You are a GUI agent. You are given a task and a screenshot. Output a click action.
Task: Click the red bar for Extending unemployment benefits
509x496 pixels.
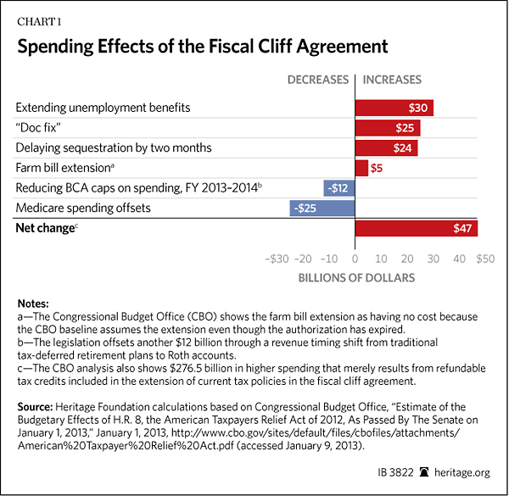pos(394,108)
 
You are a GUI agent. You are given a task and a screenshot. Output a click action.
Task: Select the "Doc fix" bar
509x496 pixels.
pos(387,128)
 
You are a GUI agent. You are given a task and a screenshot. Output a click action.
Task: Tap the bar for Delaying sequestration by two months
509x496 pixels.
pos(386,148)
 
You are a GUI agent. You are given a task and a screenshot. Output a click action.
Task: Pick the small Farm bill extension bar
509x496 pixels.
pos(361,168)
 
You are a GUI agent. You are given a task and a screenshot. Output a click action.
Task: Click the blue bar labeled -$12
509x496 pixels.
pos(338,188)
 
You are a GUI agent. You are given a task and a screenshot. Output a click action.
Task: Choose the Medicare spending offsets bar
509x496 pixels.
pos(322,208)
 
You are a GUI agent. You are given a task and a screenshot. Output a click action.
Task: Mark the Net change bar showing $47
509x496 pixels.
pos(416,229)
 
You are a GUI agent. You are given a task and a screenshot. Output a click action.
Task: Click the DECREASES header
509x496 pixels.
pos(318,81)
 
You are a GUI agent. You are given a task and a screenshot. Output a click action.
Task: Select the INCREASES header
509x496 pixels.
pos(392,81)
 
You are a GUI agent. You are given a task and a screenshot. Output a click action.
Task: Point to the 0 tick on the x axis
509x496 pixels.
pos(355,259)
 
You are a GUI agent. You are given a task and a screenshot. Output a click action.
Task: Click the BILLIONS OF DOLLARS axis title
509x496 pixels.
pos(356,277)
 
